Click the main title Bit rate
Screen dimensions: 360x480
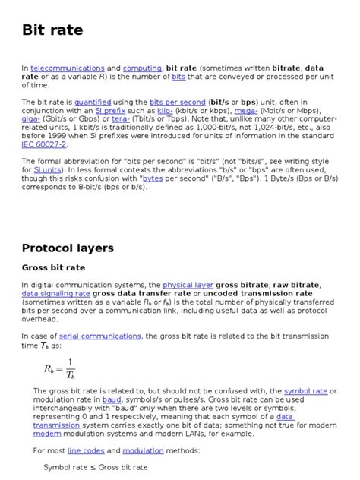coord(52,31)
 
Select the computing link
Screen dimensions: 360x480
coord(141,68)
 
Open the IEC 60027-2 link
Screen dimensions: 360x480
coord(44,144)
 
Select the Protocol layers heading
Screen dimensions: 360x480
coord(68,248)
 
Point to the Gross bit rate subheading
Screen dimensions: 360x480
coord(53,267)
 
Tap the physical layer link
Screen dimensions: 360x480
coord(189,285)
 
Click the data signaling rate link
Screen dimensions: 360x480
coord(55,293)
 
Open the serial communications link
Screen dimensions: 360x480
coord(99,336)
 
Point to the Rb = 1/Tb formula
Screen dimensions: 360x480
coord(60,368)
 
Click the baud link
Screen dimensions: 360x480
coord(112,399)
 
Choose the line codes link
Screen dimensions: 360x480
coord(86,450)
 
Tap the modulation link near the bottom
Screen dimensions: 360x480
coord(143,450)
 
